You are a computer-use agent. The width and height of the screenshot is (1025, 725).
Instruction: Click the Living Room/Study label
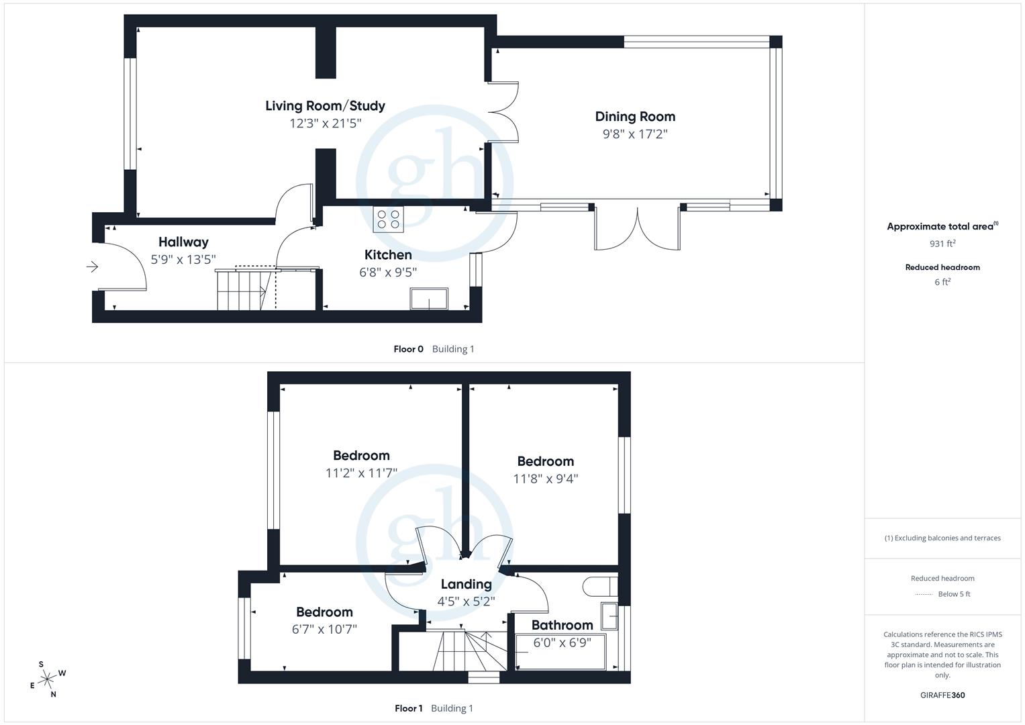click(x=325, y=105)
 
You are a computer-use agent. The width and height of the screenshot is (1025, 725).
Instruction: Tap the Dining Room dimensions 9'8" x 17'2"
click(x=634, y=134)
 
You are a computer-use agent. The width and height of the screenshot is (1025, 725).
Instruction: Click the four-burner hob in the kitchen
click(x=389, y=220)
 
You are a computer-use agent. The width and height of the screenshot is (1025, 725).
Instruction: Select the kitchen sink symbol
click(x=429, y=299)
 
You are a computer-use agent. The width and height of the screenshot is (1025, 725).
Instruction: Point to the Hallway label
click(x=183, y=242)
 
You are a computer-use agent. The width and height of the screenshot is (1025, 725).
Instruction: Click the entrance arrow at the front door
click(x=93, y=267)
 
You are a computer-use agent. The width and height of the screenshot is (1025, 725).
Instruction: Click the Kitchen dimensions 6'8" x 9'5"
click(x=388, y=272)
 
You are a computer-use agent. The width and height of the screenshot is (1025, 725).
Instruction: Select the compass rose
click(x=47, y=679)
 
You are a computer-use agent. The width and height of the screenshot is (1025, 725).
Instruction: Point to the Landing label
click(x=466, y=584)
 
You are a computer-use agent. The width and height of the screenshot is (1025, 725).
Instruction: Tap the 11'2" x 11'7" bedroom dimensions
click(x=361, y=473)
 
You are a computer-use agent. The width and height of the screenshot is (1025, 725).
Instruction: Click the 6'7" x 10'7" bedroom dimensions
click(x=324, y=629)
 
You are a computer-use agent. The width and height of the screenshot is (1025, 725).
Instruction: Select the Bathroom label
click(x=562, y=625)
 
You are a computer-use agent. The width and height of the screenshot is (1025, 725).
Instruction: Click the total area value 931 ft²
click(x=942, y=244)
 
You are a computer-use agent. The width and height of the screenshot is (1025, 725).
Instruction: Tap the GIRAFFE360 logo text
click(x=942, y=695)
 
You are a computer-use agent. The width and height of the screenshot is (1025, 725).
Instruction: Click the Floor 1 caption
click(x=408, y=708)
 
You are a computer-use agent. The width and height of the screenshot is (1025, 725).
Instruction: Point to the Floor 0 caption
click(x=408, y=349)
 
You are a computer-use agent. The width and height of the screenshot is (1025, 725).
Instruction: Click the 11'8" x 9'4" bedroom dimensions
click(x=545, y=479)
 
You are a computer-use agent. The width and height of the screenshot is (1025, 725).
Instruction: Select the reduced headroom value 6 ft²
click(x=942, y=282)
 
